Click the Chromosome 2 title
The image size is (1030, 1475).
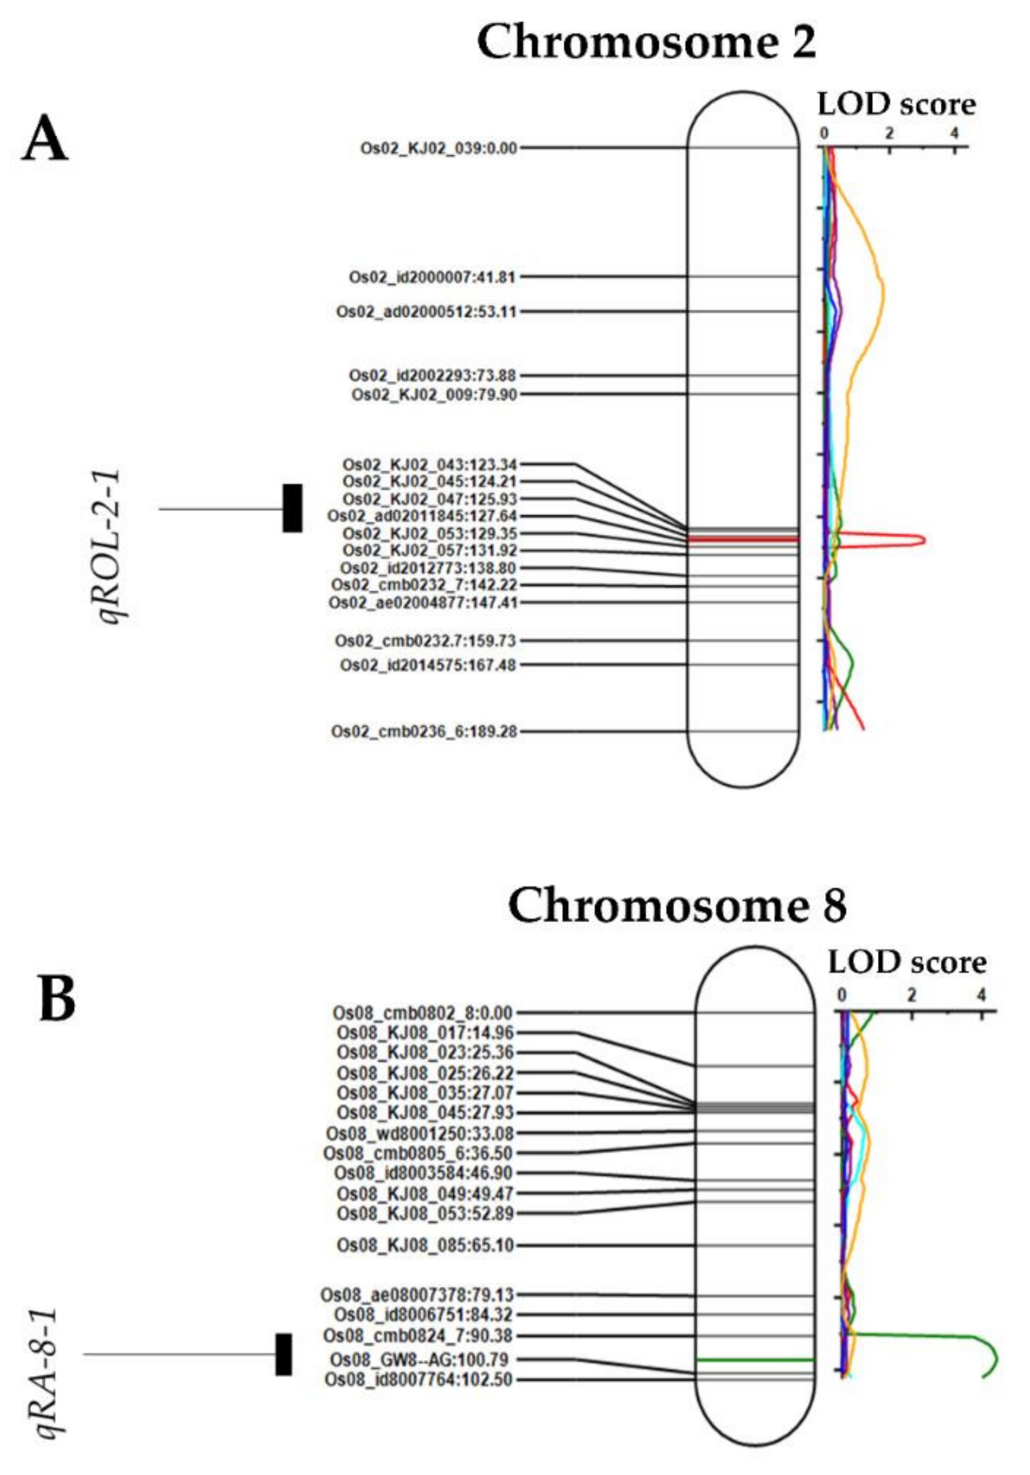(x=646, y=42)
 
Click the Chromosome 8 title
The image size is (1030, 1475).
(x=677, y=906)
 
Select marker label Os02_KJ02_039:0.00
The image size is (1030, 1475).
(x=438, y=148)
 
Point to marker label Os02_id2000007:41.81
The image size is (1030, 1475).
(x=433, y=278)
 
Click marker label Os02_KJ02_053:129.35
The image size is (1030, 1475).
(x=430, y=534)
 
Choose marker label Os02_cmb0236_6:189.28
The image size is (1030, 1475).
(x=424, y=732)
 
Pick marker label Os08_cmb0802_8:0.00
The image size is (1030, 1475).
(x=422, y=1013)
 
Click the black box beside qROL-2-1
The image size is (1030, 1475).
(x=292, y=508)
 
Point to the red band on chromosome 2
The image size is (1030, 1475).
(x=743, y=539)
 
